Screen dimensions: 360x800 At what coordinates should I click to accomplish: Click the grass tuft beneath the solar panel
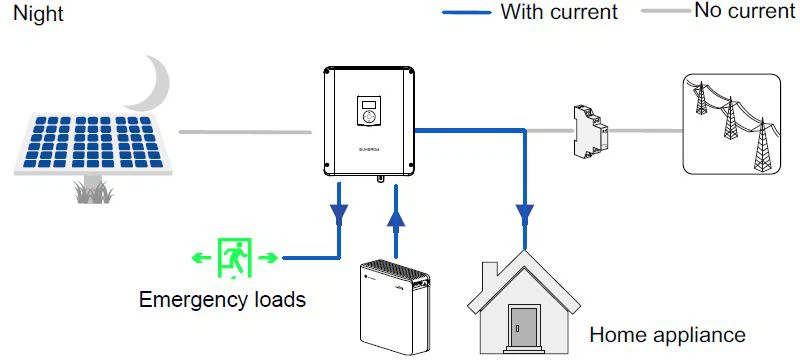pyautogui.click(x=93, y=192)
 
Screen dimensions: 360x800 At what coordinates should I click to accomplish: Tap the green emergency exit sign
pyautogui.click(x=235, y=257)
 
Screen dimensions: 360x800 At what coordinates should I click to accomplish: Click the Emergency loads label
pyautogui.click(x=221, y=299)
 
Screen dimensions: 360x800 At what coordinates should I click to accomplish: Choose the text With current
pyautogui.click(x=559, y=13)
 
